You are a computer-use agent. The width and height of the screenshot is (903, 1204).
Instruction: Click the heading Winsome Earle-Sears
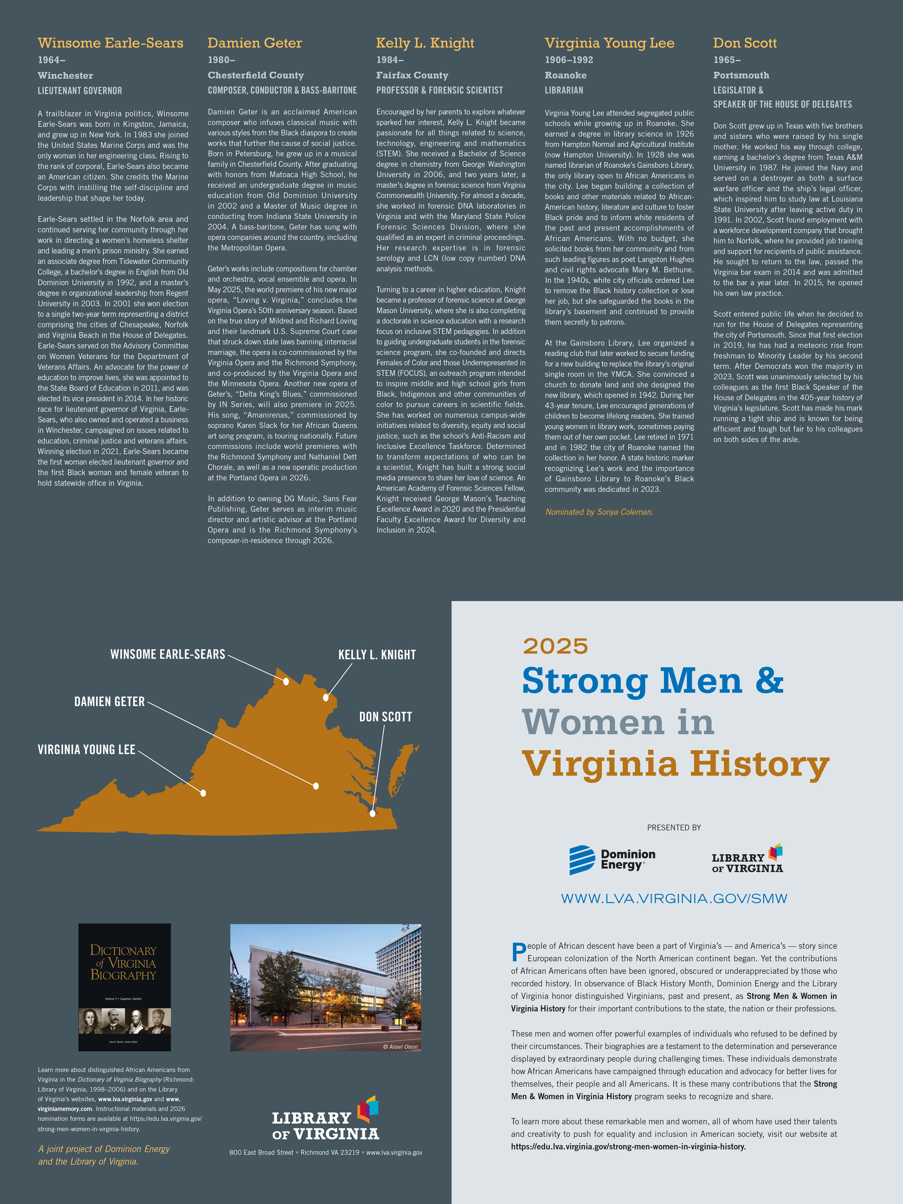pyautogui.click(x=111, y=43)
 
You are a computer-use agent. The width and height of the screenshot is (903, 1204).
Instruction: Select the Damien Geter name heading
pyautogui.click(x=255, y=43)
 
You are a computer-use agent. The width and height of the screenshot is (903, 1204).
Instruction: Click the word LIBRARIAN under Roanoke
pyautogui.click(x=564, y=90)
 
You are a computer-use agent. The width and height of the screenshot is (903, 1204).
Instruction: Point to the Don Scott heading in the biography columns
pyautogui.click(x=745, y=43)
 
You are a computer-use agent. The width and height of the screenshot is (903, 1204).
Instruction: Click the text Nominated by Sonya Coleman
pyautogui.click(x=599, y=512)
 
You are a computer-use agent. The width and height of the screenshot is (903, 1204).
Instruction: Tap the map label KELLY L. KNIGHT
pyautogui.click(x=377, y=655)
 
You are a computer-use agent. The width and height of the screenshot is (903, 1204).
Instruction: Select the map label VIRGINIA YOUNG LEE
pyautogui.click(x=87, y=749)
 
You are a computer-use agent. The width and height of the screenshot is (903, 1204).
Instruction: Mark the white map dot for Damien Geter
pyautogui.click(x=316, y=786)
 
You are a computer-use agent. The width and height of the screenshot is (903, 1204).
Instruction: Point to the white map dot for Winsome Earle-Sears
pyautogui.click(x=286, y=681)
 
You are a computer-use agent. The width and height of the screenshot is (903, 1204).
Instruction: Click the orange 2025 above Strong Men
pyautogui.click(x=555, y=646)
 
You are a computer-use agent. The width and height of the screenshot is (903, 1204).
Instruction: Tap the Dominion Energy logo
pyautogui.click(x=612, y=860)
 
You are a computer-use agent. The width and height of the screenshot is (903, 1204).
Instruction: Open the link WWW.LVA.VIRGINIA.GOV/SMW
pyautogui.click(x=674, y=898)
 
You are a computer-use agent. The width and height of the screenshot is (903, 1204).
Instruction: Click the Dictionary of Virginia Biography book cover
pyautogui.click(x=125, y=987)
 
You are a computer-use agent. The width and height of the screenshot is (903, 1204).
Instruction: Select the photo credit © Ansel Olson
pyautogui.click(x=400, y=1047)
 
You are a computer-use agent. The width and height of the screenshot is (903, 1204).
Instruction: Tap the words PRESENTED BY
pyautogui.click(x=674, y=828)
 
